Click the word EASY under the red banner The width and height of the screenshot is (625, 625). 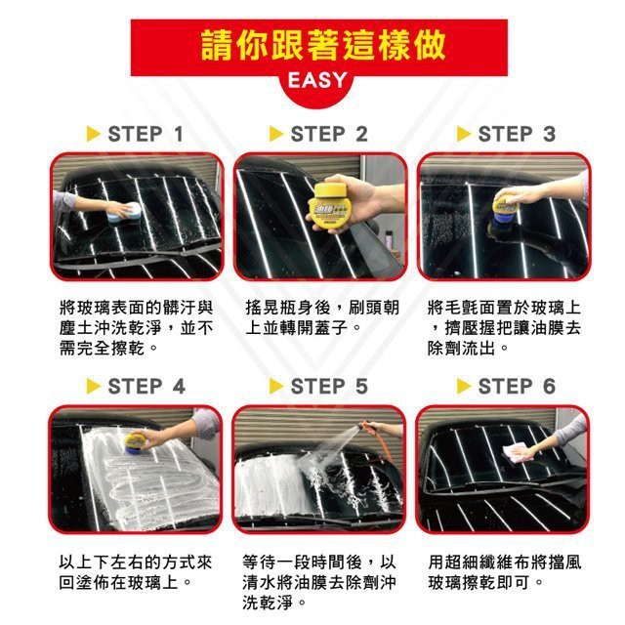[x=316, y=80]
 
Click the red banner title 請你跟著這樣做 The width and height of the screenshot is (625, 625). [x=323, y=45]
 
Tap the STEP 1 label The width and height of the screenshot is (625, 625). [x=146, y=134]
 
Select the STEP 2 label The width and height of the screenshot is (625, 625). [x=329, y=134]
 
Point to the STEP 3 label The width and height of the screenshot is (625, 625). [x=517, y=134]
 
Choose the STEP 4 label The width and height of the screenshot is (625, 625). [x=146, y=387]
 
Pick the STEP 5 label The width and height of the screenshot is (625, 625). [x=329, y=387]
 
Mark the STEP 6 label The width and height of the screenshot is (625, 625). [x=517, y=387]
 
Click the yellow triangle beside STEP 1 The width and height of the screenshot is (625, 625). [x=93, y=134]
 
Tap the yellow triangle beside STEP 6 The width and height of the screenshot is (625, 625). [x=464, y=387]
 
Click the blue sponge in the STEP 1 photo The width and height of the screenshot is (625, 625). [x=125, y=215]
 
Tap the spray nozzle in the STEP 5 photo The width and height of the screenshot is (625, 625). [x=365, y=429]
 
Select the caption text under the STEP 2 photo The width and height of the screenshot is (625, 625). [x=322, y=317]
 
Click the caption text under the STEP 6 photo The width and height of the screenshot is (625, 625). [x=505, y=572]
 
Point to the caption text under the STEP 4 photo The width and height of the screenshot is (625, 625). [x=136, y=572]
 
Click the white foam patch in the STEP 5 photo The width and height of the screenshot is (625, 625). [x=271, y=487]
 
